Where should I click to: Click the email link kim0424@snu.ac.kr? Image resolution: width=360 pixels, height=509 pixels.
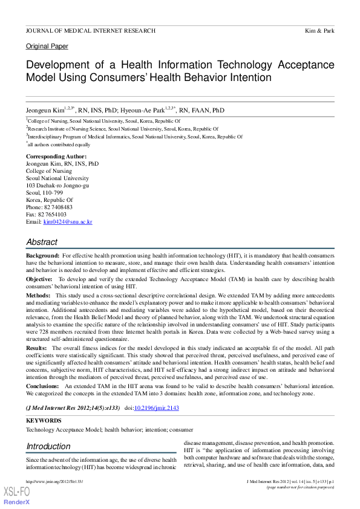tap(68, 222)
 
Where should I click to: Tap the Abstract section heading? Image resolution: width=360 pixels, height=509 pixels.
tap(42, 242)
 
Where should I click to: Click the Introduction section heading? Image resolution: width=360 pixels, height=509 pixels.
tap(48, 447)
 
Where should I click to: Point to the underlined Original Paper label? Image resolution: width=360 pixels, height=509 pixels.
tap(47, 46)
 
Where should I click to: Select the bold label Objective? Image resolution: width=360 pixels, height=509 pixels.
tap(40, 279)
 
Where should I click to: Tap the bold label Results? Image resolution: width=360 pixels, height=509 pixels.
tap(37, 348)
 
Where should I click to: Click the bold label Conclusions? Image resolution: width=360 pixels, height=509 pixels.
tap(42, 385)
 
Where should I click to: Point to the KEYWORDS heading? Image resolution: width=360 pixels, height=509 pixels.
tap(44, 420)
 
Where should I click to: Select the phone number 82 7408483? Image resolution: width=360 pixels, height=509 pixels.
tap(59, 207)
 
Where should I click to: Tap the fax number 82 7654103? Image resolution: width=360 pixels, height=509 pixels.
tap(54, 214)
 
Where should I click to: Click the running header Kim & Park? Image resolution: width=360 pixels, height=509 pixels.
tap(321, 30)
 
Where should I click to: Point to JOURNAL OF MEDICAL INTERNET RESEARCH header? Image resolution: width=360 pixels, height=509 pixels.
tap(90, 30)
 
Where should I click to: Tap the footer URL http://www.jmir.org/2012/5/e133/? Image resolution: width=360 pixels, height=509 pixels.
tap(53, 481)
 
